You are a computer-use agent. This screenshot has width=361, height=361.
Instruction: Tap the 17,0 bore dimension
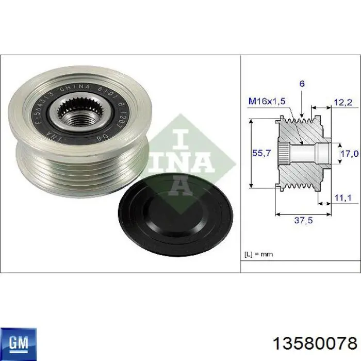click(348, 153)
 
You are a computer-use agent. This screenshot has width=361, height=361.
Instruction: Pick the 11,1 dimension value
click(343, 197)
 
